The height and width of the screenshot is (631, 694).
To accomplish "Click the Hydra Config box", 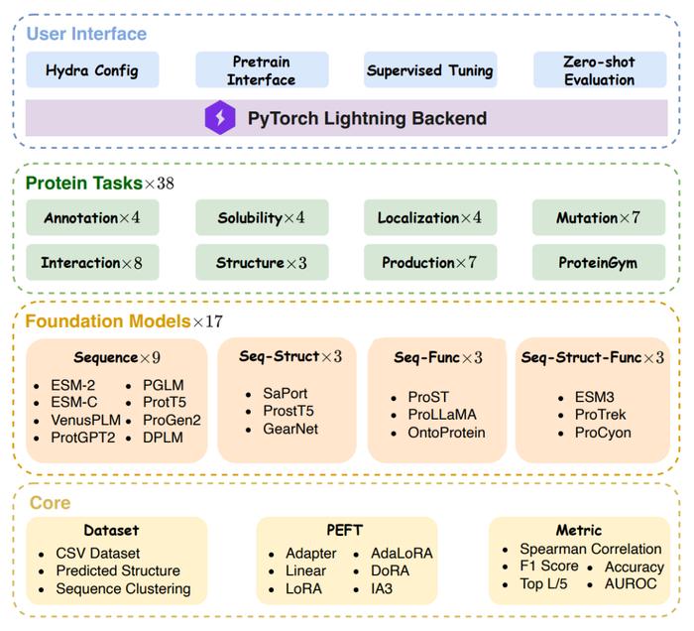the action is click(92, 69).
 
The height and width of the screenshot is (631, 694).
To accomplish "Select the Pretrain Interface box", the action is click(262, 69).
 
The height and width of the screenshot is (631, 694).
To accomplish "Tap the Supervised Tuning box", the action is click(430, 69).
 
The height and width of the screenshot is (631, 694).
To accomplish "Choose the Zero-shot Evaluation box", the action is click(600, 69).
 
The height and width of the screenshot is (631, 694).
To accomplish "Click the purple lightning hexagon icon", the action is click(220, 117).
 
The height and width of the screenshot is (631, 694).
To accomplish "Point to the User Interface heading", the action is click(86, 34).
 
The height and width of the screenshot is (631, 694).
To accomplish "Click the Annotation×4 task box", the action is click(92, 217).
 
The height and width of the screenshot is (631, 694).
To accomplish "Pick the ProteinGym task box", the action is click(599, 262).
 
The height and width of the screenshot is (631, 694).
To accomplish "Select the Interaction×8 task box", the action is click(92, 262).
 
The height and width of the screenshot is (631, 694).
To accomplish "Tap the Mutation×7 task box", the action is click(599, 217).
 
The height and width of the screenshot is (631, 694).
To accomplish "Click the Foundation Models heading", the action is click(107, 321).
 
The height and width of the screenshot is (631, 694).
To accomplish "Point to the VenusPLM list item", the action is click(85, 420).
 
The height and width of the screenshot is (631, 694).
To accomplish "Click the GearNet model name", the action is click(290, 429).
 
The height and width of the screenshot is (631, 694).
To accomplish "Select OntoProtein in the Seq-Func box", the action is click(446, 433).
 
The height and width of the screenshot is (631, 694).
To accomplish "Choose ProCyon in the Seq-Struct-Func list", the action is click(603, 433).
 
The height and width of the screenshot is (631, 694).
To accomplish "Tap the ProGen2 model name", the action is click(172, 420).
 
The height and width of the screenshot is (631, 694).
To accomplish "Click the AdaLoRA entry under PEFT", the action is click(402, 553).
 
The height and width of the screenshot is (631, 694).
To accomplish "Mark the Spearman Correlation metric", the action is click(591, 549).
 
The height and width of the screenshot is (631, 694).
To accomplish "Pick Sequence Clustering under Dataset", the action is click(123, 588).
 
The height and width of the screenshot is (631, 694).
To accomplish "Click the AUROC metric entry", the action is click(631, 583).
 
